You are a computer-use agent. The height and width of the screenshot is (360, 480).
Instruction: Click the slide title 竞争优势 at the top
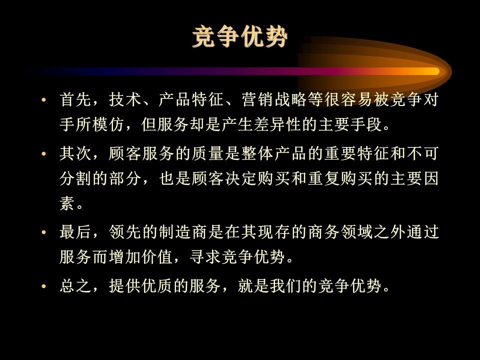pyautogui.click(x=239, y=36)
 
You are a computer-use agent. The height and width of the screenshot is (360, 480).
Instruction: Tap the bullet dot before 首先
pyautogui.click(x=44, y=99)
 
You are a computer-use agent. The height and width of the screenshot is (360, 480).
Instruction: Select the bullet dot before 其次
pyautogui.click(x=44, y=153)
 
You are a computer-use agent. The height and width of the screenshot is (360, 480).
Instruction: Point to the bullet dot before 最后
pyautogui.click(x=44, y=232)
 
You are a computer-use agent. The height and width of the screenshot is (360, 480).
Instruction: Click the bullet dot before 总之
pyautogui.click(x=44, y=286)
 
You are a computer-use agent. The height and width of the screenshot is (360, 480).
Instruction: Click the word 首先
pyautogui.click(x=75, y=99)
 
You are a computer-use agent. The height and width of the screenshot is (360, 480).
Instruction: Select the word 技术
pyautogui.click(x=125, y=99)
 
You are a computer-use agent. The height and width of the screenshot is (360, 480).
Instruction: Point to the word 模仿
pyautogui.click(x=108, y=124)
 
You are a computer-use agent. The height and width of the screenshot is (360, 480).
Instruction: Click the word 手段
pyautogui.click(x=366, y=124)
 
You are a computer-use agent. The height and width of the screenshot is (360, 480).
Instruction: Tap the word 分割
pyautogui.click(x=75, y=178)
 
